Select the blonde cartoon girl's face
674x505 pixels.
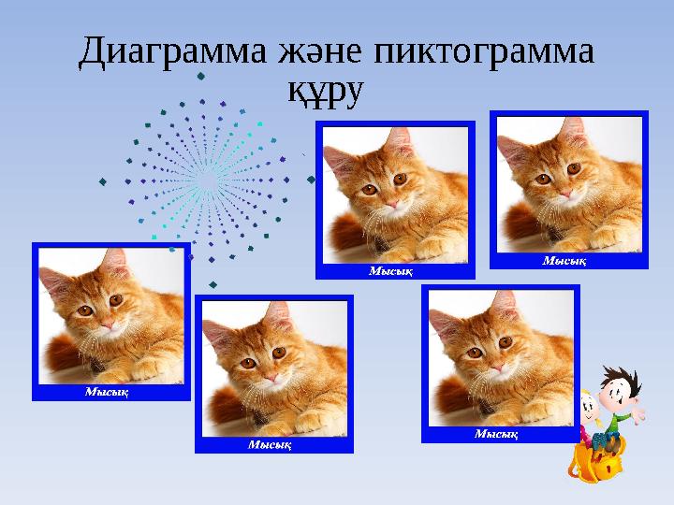[587, 409]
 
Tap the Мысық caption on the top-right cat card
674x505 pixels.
[564, 261]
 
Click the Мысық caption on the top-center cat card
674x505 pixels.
[390, 270]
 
